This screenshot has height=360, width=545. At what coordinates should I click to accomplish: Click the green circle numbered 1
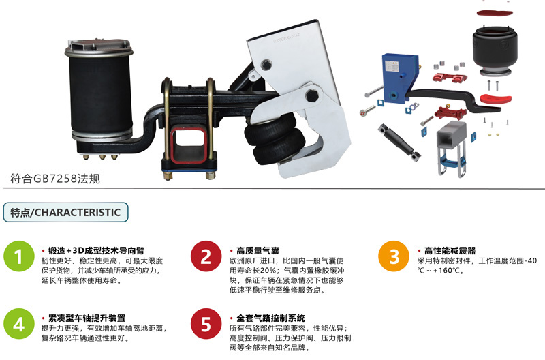click(19, 256)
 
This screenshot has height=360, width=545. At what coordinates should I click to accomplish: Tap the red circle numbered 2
click(206, 256)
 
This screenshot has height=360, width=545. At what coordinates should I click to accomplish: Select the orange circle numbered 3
click(394, 256)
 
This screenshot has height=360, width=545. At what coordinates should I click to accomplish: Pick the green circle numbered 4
click(19, 323)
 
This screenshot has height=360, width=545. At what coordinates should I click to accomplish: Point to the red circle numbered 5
click(206, 323)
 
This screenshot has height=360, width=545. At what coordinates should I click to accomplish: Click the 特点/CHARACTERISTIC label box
click(65, 212)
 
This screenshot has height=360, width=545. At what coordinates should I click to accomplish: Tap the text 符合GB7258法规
click(55, 179)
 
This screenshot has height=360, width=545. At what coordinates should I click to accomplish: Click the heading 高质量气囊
click(258, 250)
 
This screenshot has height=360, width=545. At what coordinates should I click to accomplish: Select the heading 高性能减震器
click(450, 250)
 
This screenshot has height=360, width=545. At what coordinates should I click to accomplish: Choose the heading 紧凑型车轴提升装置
click(87, 318)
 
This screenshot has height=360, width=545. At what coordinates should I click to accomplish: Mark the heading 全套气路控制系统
click(270, 318)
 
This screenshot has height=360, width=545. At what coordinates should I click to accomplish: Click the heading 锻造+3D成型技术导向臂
click(96, 250)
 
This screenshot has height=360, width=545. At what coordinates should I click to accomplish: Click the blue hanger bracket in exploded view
click(400, 78)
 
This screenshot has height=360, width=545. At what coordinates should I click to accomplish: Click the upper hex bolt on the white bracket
click(266, 64)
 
